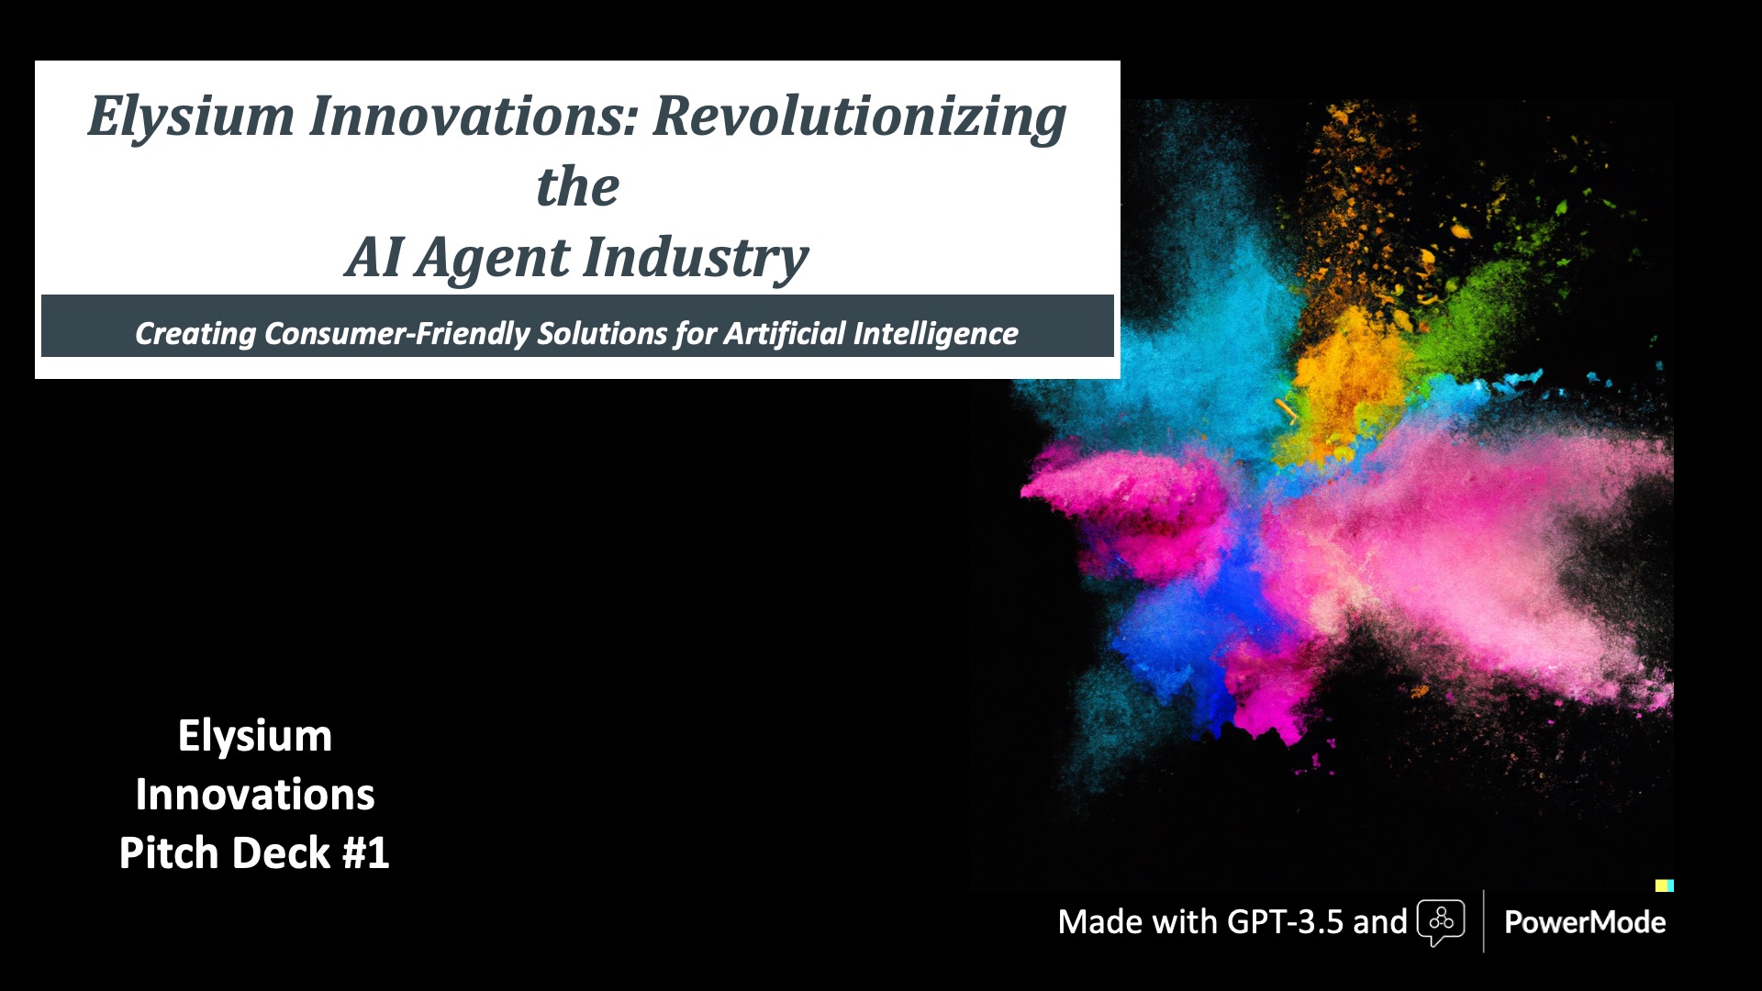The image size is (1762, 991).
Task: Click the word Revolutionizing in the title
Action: [859, 117]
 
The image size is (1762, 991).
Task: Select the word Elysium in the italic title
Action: [191, 117]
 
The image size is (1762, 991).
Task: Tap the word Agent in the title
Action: [492, 259]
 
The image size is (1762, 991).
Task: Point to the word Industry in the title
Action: [696, 259]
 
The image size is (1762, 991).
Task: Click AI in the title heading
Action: [374, 257]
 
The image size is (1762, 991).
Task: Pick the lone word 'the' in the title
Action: [577, 187]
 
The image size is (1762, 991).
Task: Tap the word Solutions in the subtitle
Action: [602, 333]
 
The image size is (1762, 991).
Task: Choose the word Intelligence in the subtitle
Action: [935, 334]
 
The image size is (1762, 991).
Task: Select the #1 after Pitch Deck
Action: [365, 853]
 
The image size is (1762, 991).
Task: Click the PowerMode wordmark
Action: [1585, 921]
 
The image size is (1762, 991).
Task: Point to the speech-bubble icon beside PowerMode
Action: [1441, 922]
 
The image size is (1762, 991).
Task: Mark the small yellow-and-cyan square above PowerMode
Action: [1665, 885]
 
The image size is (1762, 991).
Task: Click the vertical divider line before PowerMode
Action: [1484, 921]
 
